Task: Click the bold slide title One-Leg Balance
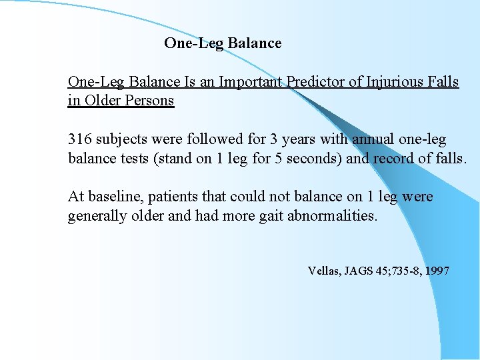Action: [223, 43]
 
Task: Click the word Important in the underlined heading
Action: [251, 82]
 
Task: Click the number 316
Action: [80, 140]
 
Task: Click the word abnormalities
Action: [332, 216]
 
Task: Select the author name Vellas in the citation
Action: [323, 271]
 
